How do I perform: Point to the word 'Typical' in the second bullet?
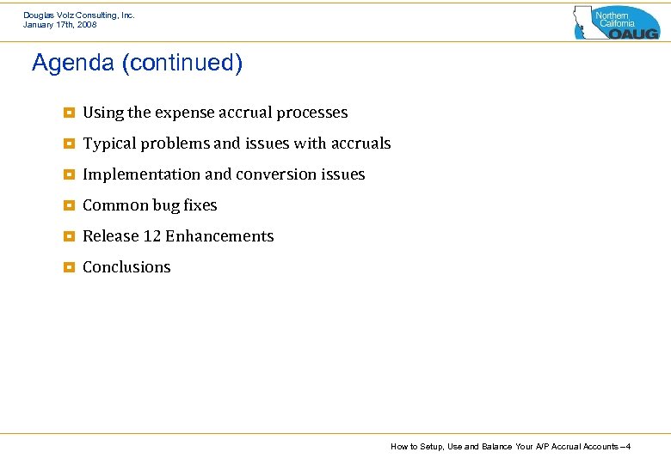tap(108, 143)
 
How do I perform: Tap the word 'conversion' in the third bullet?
tap(276, 174)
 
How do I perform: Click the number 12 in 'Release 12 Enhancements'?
tap(152, 236)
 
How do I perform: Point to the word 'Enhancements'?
tap(219, 236)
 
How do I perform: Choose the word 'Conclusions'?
tap(126, 267)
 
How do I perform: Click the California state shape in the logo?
tap(584, 21)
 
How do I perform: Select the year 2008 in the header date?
tap(85, 25)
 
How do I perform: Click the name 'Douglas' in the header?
tap(39, 15)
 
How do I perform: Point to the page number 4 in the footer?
tap(629, 447)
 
